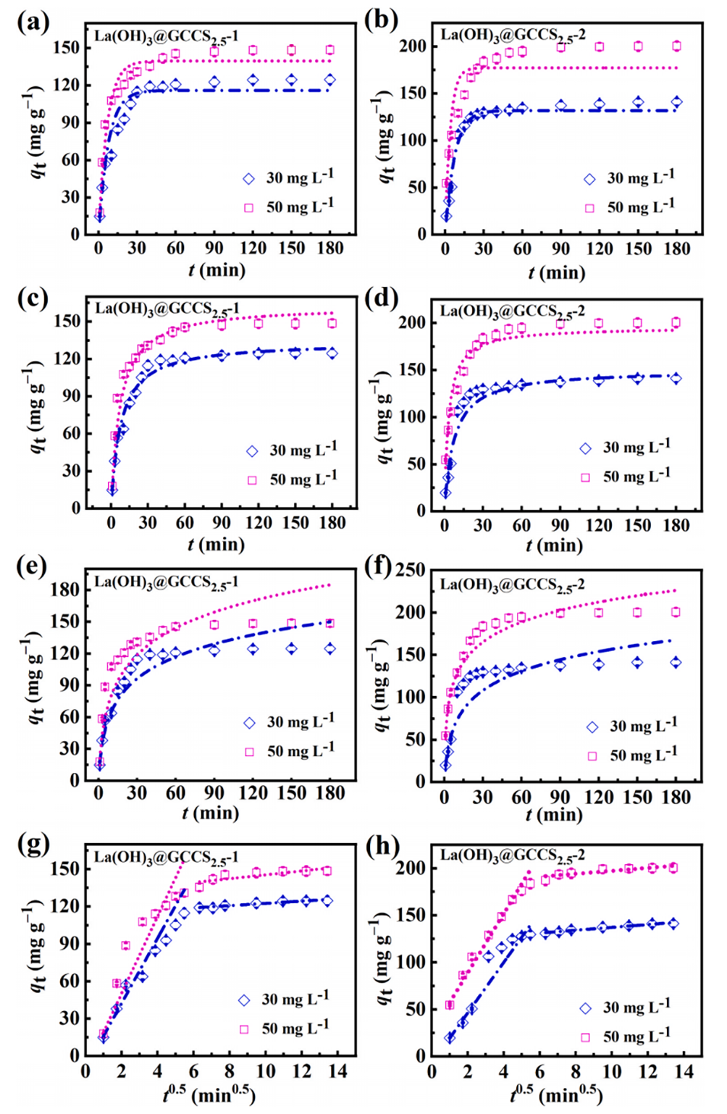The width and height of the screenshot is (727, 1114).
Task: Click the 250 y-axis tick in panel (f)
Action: click(x=410, y=570)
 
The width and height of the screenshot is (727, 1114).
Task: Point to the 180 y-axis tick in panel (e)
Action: click(x=65, y=589)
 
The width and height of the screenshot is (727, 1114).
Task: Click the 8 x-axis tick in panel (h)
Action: click(x=576, y=1072)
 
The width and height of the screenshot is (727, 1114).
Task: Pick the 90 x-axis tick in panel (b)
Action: click(x=560, y=249)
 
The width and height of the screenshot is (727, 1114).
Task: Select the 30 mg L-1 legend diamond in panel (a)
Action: click(x=249, y=179)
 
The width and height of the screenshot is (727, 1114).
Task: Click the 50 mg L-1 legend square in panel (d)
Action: click(x=585, y=477)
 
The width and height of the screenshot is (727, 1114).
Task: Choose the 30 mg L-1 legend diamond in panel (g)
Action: click(x=244, y=1001)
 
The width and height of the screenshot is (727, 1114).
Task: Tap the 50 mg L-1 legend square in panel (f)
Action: click(x=592, y=756)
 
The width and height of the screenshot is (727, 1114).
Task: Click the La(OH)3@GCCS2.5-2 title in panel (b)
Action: click(x=513, y=35)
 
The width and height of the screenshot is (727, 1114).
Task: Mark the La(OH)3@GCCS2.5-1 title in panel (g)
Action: click(x=166, y=858)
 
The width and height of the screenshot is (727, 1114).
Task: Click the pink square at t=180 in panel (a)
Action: click(x=330, y=50)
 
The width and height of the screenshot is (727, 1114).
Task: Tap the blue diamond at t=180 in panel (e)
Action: click(x=330, y=649)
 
